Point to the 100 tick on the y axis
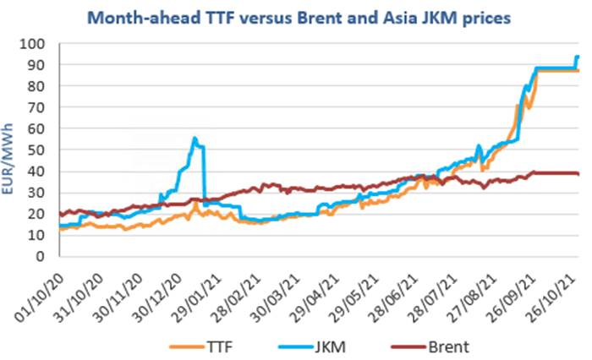pyautogui.click(x=42, y=44)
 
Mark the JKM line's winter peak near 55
pyautogui.click(x=195, y=138)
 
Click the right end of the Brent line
pyautogui.click(x=578, y=173)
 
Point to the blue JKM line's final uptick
pyautogui.click(x=578, y=57)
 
